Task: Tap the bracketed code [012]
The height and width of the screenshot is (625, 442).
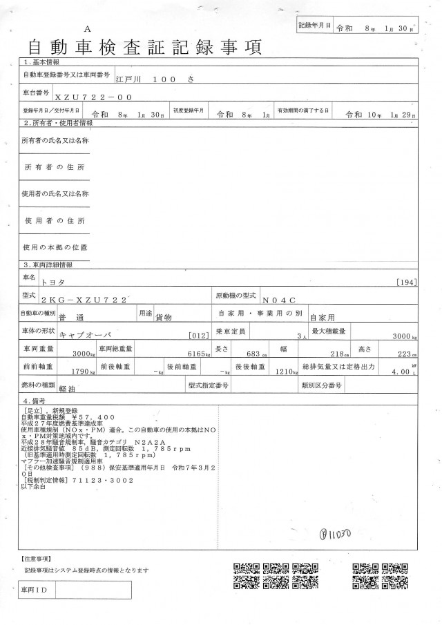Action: (x=198, y=336)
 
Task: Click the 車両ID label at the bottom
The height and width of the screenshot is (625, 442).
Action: (x=35, y=591)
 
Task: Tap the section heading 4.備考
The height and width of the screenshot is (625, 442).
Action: (x=37, y=401)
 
